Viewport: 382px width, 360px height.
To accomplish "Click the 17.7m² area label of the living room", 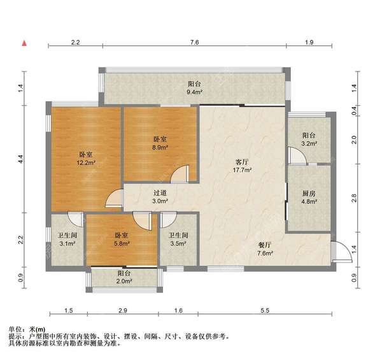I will (241, 171).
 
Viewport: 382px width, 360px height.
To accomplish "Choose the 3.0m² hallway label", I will (160, 201).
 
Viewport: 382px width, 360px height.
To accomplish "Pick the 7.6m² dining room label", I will (265, 254).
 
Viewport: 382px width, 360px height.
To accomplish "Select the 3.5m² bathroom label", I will (178, 243).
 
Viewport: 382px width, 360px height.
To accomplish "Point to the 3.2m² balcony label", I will (309, 144).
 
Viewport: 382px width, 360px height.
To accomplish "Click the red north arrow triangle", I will (24, 43).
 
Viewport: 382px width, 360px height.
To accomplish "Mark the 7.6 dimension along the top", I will (194, 42).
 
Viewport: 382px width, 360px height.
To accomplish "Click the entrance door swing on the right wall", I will (339, 252).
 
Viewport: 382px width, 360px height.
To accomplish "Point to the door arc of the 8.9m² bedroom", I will (181, 174).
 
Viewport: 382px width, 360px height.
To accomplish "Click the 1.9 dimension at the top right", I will (309, 42).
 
